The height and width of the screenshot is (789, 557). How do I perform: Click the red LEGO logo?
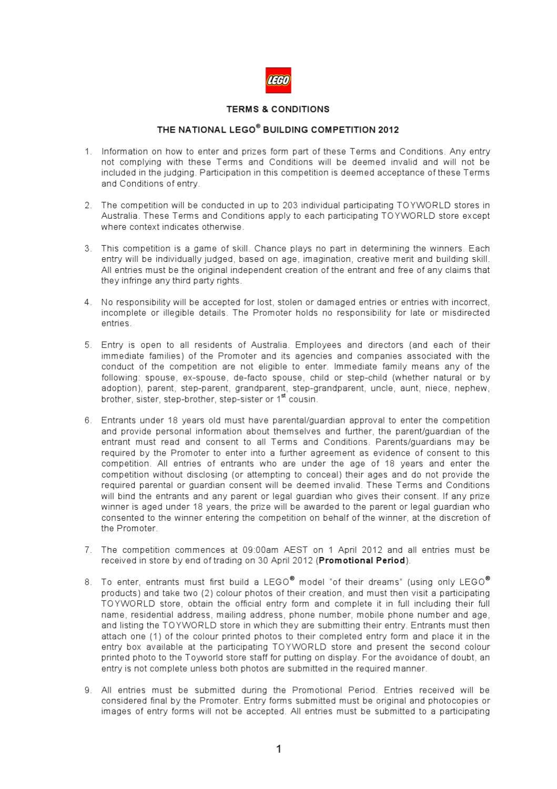coord(278,80)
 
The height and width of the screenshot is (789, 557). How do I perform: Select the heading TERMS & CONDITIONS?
coord(278,109)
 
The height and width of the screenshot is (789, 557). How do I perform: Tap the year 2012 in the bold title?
coord(388,130)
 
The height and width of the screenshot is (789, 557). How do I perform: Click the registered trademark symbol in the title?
coord(258,127)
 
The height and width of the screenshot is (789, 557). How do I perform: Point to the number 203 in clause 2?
coord(290,205)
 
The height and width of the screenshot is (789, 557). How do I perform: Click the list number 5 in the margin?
coord(87,345)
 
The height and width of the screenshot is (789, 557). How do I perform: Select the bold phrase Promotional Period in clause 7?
coord(362,561)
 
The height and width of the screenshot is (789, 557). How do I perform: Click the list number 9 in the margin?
coord(87,690)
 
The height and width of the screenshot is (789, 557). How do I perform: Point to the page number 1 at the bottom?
coord(279,749)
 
